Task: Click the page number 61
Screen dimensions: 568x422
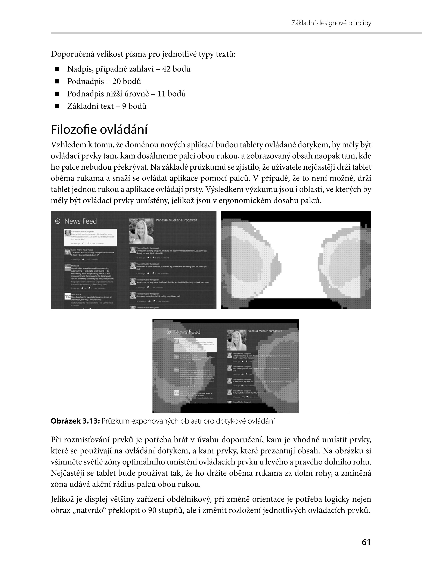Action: pos(366,542)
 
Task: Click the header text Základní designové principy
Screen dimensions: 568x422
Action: pos(331,23)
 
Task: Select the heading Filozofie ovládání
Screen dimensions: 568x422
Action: pos(99,130)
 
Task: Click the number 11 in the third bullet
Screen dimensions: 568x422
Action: pos(161,94)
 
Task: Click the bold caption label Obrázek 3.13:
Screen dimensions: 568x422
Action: pos(75,421)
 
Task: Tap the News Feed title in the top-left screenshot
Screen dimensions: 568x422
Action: pos(80,221)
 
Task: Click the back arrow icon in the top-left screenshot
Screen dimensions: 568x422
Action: pos(58,221)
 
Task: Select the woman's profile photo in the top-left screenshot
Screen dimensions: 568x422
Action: pos(141,231)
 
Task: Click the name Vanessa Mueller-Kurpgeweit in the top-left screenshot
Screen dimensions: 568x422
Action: pos(177,220)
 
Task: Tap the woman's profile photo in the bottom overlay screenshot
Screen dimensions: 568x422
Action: pos(236,340)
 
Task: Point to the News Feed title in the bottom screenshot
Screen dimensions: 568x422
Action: pos(187,332)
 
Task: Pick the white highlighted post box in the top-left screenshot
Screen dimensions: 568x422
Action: pos(90,237)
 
